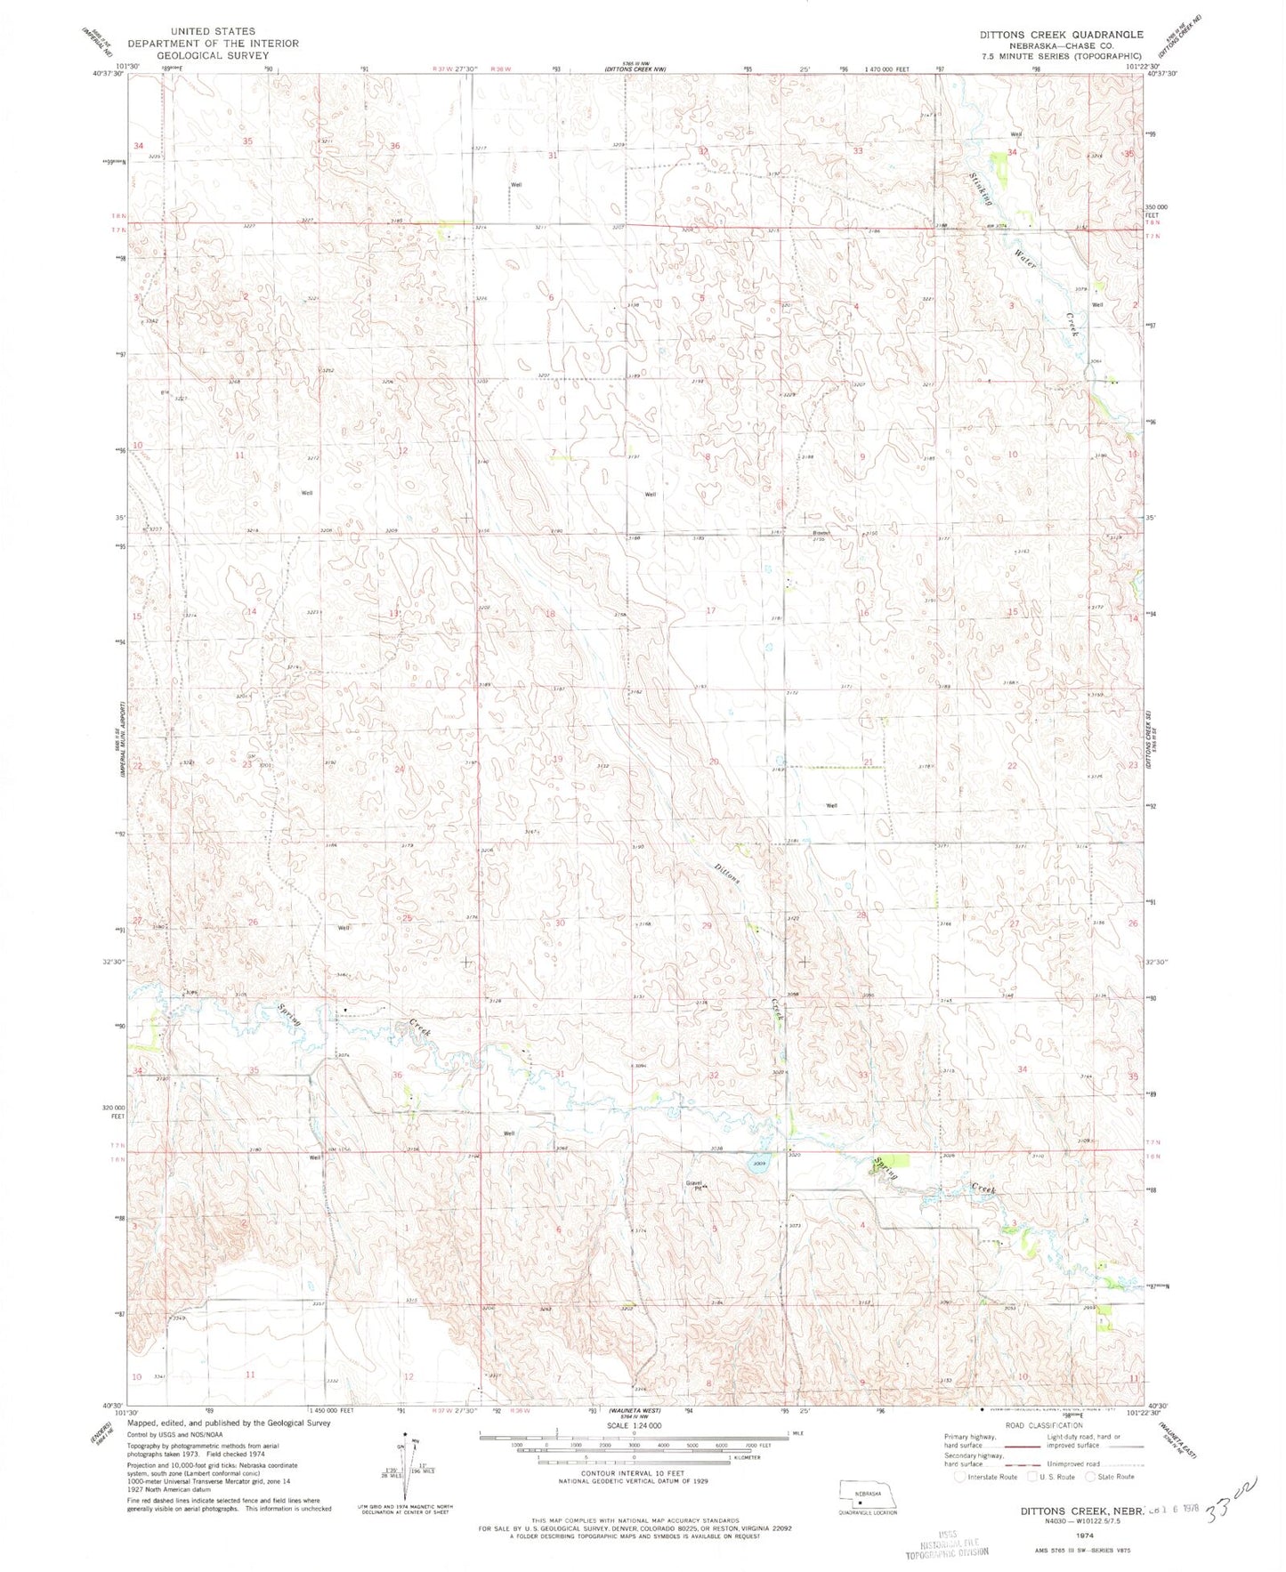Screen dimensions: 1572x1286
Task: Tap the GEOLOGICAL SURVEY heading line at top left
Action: [x=213, y=55]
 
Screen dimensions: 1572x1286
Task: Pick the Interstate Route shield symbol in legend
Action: [x=958, y=1477]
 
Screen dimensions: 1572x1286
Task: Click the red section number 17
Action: [x=710, y=610]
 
